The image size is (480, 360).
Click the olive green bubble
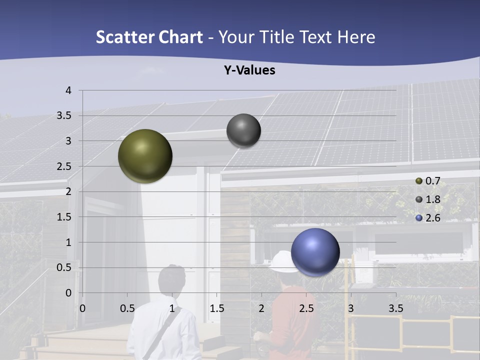pos(145,156)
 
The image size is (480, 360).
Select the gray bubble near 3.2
pos(243,130)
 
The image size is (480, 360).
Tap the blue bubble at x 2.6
pos(315,252)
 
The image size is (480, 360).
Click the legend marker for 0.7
pos(419,181)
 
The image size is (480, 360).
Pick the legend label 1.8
pos(432,199)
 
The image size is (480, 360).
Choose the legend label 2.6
pos(432,218)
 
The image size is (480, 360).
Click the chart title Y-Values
pos(249,70)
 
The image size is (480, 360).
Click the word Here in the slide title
pos(356,37)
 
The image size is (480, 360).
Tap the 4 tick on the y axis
pos(68,90)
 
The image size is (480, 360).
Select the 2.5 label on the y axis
pos(63,166)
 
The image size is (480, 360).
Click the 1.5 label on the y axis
pos(63,217)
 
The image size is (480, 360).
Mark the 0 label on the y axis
pos(68,293)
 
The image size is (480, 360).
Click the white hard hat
pos(281,261)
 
